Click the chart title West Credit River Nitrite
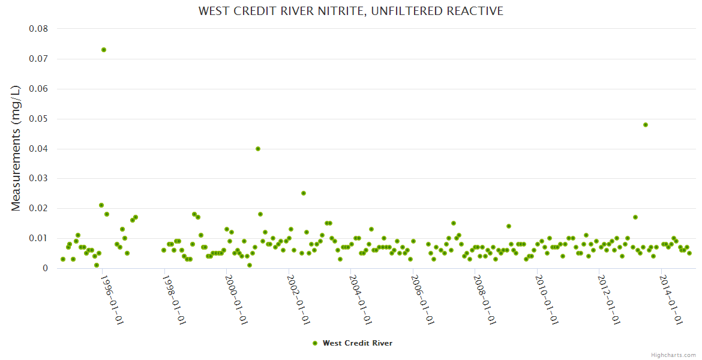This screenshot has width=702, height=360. tap(351, 11)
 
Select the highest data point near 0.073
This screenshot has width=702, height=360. tap(104, 50)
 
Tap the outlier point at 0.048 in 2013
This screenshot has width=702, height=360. tap(646, 125)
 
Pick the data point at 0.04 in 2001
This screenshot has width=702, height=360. tap(258, 149)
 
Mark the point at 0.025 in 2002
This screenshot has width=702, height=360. tap(304, 193)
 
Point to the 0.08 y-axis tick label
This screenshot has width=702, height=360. tap(38, 29)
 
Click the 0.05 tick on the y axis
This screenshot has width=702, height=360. tap(38, 119)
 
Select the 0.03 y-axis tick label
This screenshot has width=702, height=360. tap(38, 179)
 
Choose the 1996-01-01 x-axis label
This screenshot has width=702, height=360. tap(111, 300)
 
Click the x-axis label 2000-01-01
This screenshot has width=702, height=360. tap(235, 300)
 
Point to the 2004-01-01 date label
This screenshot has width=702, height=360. tap(359, 300)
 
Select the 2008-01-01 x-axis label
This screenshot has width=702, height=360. tap(484, 300)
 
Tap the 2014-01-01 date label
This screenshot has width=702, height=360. tap(670, 300)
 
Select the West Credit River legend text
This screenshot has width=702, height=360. tap(358, 343)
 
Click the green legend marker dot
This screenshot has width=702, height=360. tap(315, 343)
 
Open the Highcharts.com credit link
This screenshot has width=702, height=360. tap(673, 355)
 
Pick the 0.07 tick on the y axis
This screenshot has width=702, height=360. tap(38, 59)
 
